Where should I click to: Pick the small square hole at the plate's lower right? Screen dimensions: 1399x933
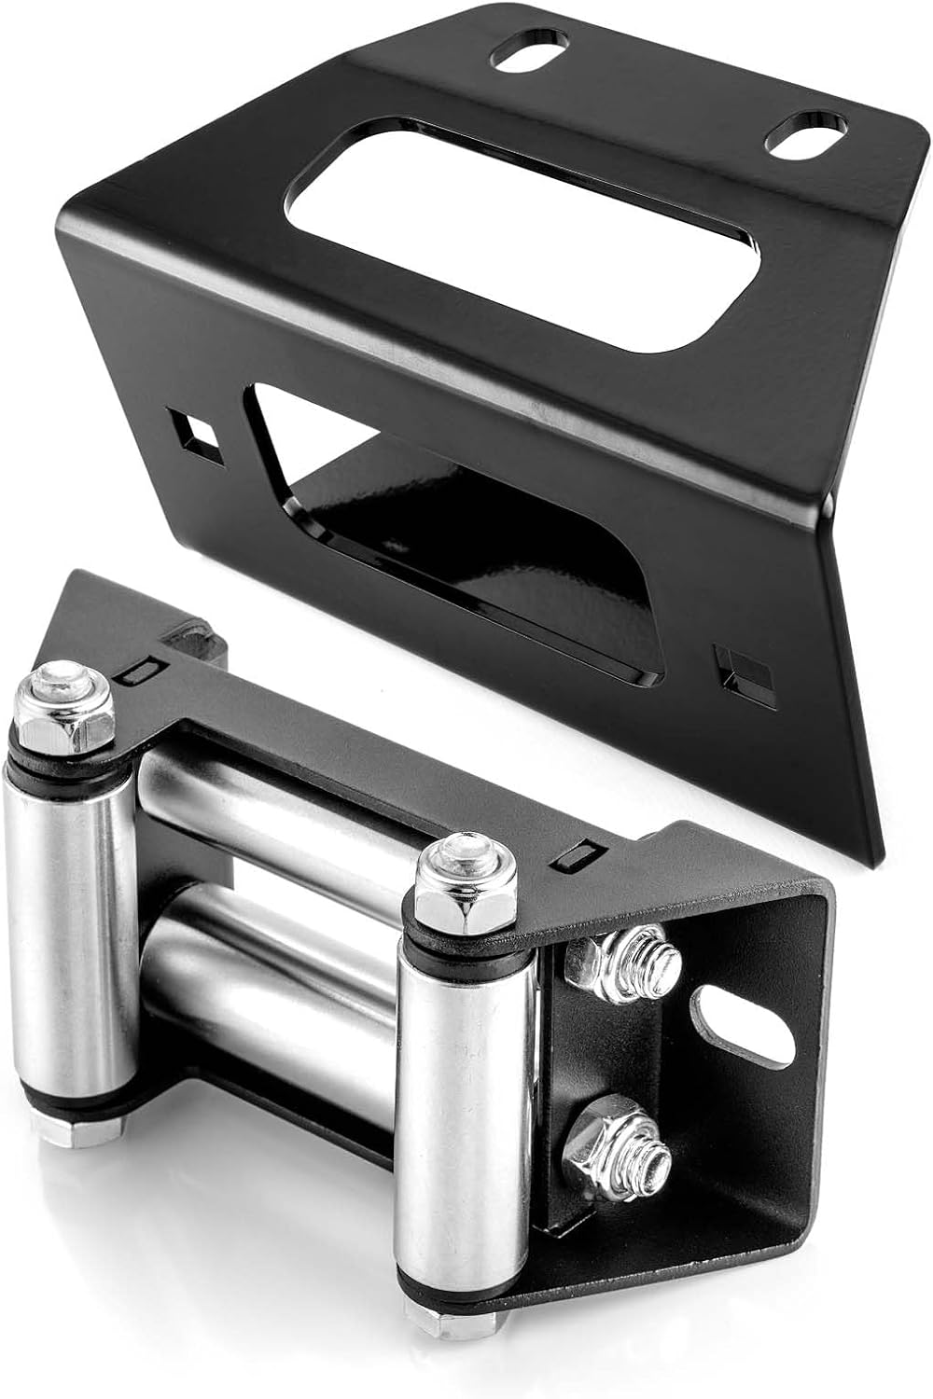coord(743,670)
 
